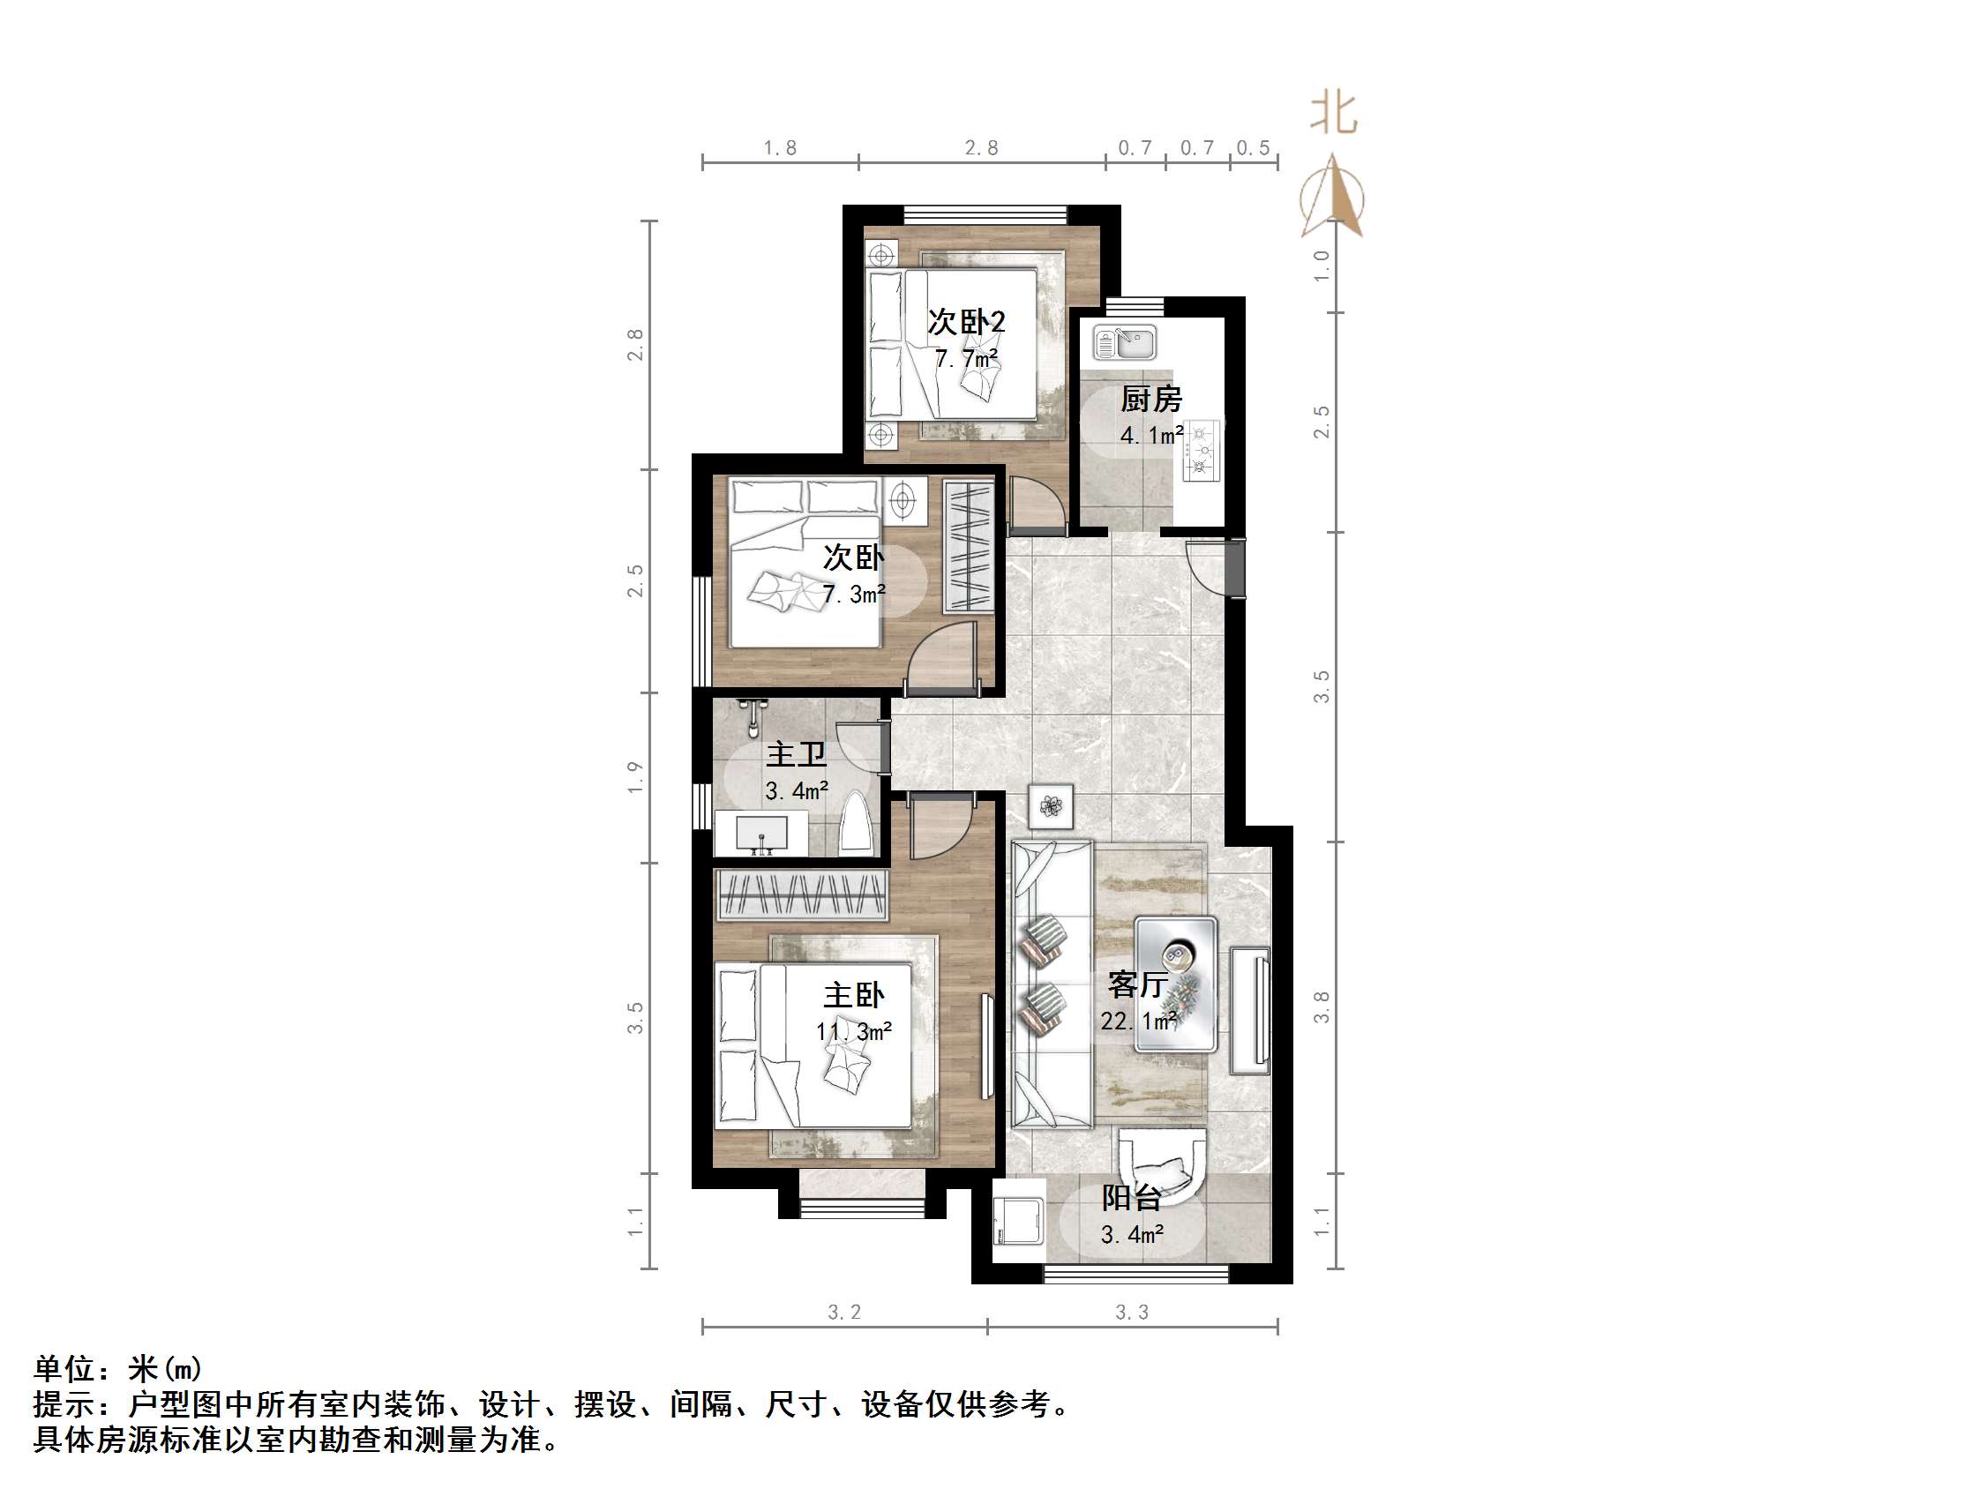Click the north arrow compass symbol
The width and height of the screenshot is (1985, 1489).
(1333, 197)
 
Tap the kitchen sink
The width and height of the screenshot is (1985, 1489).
(1126, 343)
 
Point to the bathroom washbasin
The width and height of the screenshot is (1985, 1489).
(762, 834)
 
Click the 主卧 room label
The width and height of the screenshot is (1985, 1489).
(853, 995)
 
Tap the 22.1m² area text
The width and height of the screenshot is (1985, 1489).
(1139, 1021)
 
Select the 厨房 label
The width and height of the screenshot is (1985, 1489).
(1151, 400)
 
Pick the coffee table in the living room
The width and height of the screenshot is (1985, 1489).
(1176, 984)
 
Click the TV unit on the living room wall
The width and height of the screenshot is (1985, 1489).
(1250, 1011)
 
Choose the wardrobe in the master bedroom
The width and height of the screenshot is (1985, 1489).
(801, 894)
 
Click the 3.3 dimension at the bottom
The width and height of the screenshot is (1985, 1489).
(1132, 1313)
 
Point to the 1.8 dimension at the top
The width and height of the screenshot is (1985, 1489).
(780, 148)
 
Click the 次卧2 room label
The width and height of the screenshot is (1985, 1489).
(967, 321)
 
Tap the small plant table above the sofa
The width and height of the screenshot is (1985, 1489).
(1051, 806)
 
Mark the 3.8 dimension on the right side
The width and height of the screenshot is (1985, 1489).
(1322, 1007)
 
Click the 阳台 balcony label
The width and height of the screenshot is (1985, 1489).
(1132, 1198)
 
